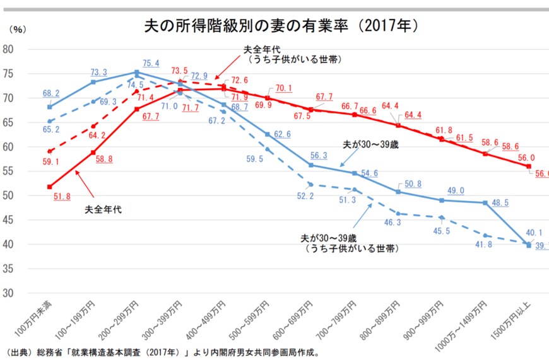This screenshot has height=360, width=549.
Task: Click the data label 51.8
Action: click(x=62, y=197)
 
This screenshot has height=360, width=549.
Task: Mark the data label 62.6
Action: click(x=282, y=134)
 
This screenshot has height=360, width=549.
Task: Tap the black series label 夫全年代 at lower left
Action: click(x=103, y=209)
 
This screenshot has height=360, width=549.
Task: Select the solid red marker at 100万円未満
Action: click(x=49, y=187)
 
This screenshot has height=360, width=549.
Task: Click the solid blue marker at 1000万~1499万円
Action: click(x=485, y=202)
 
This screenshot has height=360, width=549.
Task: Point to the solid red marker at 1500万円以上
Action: click(x=529, y=166)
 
